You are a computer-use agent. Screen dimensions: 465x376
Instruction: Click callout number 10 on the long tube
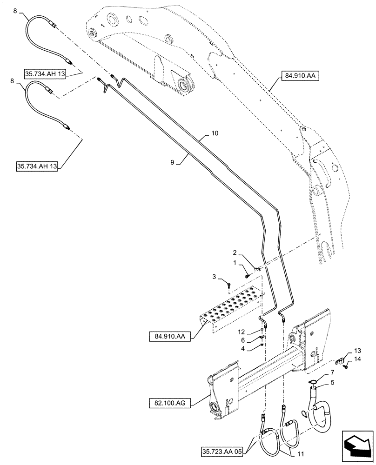click(x=214, y=133)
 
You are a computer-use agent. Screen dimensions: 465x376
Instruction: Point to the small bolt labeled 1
click(x=247, y=276)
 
